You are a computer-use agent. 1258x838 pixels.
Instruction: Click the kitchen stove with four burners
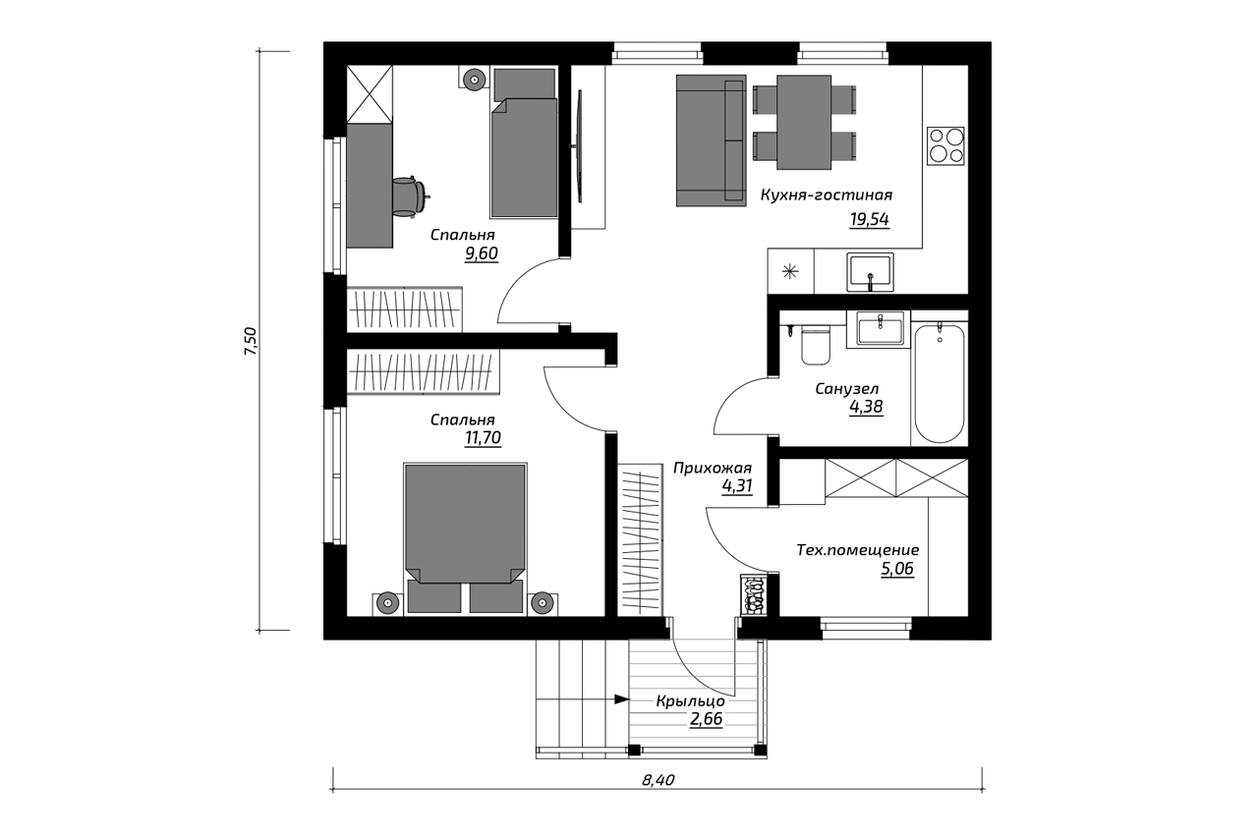click(945, 146)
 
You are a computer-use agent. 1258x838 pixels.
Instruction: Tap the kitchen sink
click(870, 273)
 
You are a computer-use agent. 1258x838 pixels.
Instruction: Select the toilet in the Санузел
click(816, 345)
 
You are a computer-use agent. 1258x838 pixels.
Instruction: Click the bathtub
click(940, 383)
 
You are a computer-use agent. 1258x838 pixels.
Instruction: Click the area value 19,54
click(870, 219)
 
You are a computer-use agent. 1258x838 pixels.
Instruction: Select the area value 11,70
click(483, 438)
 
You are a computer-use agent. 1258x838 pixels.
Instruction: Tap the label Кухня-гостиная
click(827, 196)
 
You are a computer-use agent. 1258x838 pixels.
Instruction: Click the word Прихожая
click(713, 468)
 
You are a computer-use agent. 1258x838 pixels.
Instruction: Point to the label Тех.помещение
click(858, 550)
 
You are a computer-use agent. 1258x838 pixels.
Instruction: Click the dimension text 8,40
click(658, 780)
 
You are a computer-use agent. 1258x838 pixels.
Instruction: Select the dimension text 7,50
click(250, 341)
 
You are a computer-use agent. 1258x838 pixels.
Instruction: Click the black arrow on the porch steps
click(622, 699)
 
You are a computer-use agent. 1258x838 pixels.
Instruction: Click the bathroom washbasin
click(880, 329)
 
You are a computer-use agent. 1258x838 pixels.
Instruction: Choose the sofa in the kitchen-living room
click(711, 140)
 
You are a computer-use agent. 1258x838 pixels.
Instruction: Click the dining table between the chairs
click(804, 123)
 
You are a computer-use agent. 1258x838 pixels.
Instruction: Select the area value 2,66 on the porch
click(706, 719)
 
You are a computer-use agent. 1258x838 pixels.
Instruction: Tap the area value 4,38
click(866, 407)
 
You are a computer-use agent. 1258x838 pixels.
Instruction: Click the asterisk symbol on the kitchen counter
click(790, 272)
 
